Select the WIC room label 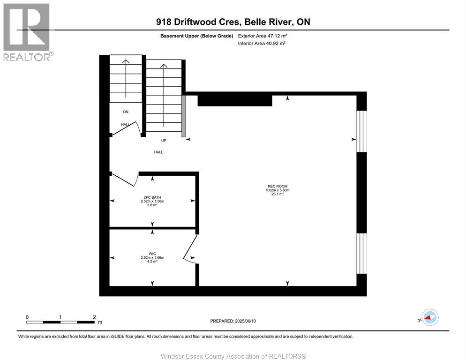(152, 254)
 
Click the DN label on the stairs (125, 112)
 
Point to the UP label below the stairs (164, 140)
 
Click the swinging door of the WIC (190, 248)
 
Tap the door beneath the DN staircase (126, 128)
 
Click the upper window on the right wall (361, 131)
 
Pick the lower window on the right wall (361, 253)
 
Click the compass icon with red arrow (429, 317)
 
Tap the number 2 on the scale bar (94, 317)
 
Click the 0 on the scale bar (27, 317)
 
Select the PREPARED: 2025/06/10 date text (233, 321)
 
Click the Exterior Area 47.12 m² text (262, 36)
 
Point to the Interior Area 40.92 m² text (262, 43)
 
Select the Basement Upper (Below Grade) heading (196, 36)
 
